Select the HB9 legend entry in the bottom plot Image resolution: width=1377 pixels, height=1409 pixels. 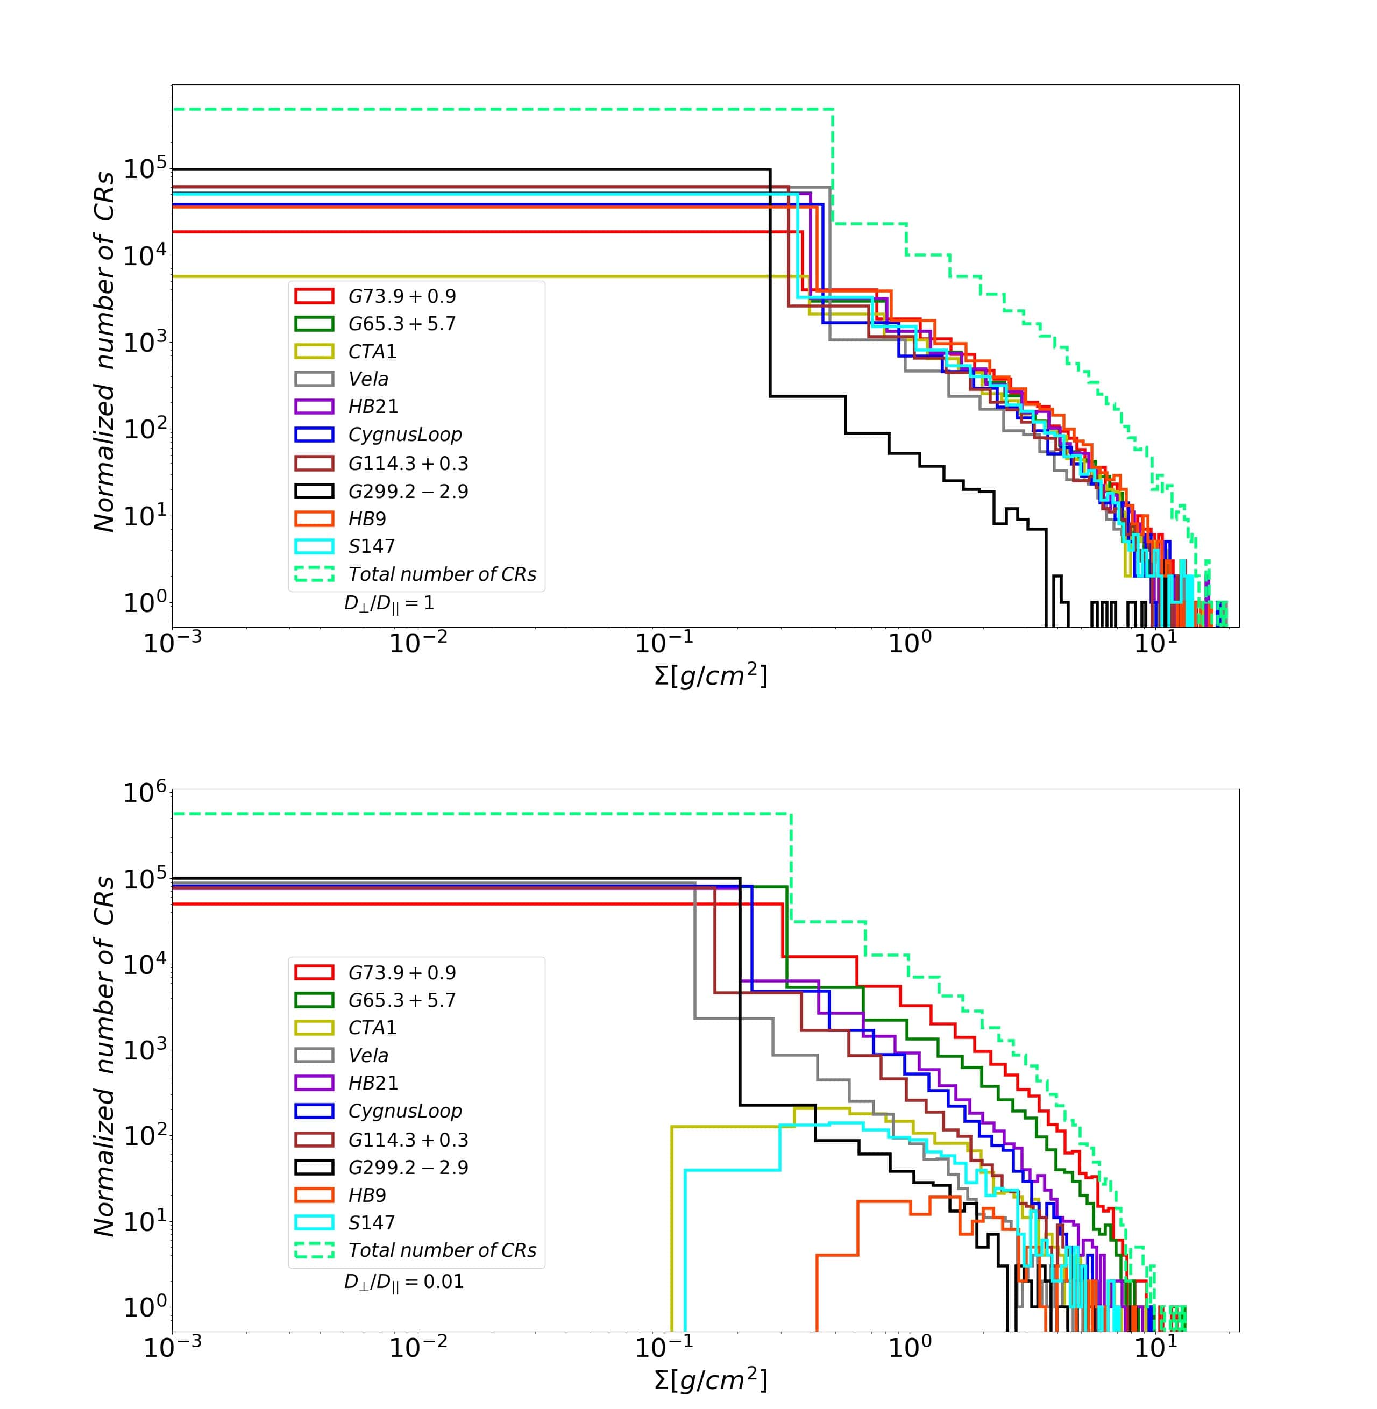pos(367,1195)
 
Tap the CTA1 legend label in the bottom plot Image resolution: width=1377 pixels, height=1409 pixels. pos(372,1027)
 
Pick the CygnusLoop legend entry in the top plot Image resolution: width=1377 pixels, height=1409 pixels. pos(405,435)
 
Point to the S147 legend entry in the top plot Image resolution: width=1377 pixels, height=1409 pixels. pos(371,546)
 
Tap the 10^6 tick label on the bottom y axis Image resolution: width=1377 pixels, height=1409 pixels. pos(145,792)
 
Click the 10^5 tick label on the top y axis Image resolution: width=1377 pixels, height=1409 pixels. pos(145,170)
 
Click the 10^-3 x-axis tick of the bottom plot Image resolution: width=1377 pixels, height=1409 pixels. pos(172,1347)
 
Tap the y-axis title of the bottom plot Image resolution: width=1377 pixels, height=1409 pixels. pos(105,1056)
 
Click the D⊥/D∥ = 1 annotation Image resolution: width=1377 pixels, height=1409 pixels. pos(389,603)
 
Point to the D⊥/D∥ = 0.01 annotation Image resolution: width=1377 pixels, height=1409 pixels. pos(403,1282)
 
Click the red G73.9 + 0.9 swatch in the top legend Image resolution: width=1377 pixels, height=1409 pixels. pos(314,296)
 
